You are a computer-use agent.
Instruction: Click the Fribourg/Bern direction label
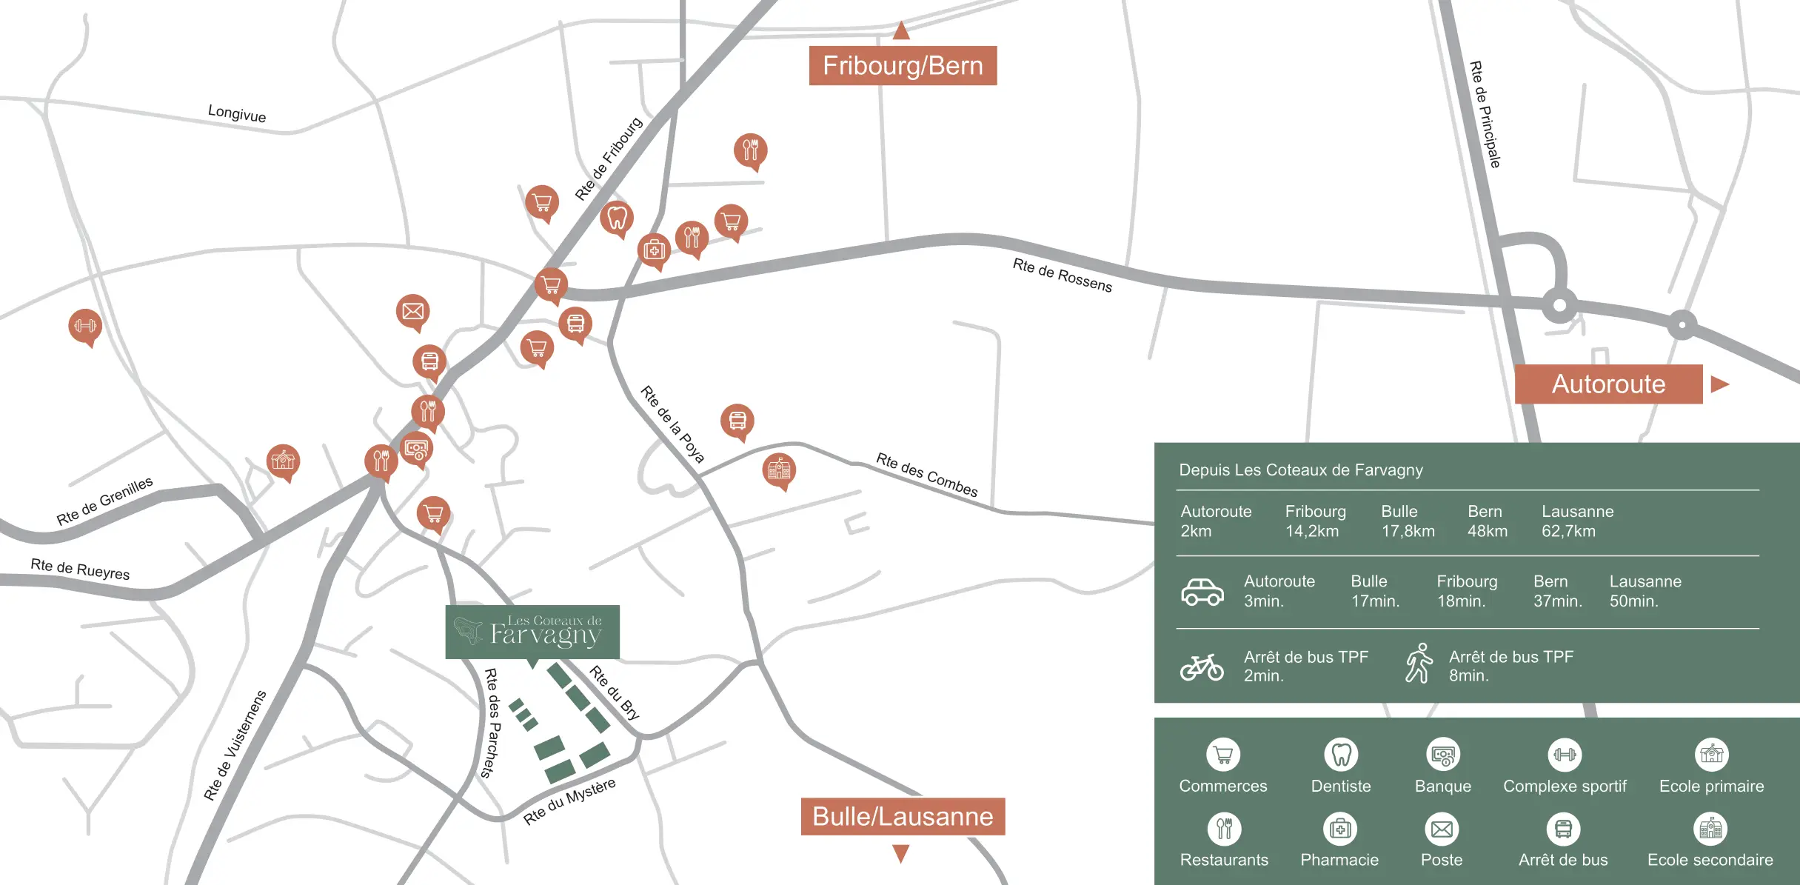click(903, 66)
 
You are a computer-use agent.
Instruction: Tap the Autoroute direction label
click(1608, 384)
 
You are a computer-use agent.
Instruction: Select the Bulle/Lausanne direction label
click(903, 816)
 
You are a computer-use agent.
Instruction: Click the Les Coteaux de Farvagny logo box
click(532, 632)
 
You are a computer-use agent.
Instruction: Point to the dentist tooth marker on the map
click(617, 218)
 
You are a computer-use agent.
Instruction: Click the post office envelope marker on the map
click(412, 311)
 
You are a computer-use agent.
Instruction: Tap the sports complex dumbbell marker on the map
click(85, 326)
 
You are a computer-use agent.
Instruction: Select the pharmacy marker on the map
click(654, 250)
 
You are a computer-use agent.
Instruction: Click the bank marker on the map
click(416, 448)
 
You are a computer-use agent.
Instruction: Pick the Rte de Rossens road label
click(1062, 275)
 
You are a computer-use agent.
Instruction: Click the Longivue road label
click(237, 113)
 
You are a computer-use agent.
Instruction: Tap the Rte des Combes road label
click(926, 475)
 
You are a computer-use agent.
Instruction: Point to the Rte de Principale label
click(1485, 114)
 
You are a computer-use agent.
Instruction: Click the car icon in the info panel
click(1202, 592)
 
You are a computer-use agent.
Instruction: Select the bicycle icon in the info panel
click(1201, 667)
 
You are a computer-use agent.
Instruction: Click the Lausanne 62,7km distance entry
click(1577, 521)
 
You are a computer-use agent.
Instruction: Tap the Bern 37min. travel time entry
click(1556, 591)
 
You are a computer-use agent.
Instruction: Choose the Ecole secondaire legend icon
click(1710, 829)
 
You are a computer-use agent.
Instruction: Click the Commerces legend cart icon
click(1223, 755)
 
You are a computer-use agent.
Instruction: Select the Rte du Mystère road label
click(569, 801)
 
